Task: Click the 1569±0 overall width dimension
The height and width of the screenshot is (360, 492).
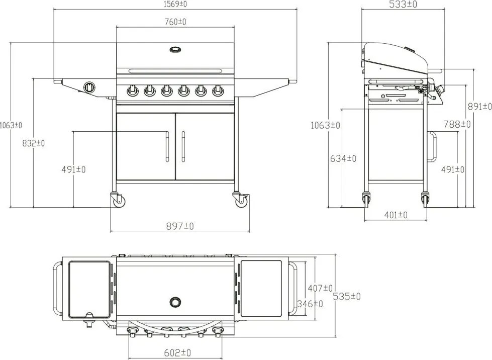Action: pyautogui.click(x=175, y=4)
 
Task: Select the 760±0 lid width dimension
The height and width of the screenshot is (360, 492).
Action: pyautogui.click(x=175, y=22)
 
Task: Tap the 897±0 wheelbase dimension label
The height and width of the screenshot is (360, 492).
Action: pyautogui.click(x=180, y=226)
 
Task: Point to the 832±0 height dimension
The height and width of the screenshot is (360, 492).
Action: pyautogui.click(x=34, y=143)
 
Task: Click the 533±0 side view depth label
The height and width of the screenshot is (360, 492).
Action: pyautogui.click(x=403, y=5)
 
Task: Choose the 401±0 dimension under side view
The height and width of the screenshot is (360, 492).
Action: pyautogui.click(x=396, y=215)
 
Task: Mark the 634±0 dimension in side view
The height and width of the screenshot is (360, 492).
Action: pyautogui.click(x=343, y=158)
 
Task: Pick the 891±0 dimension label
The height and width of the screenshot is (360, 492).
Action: pyautogui.click(x=480, y=107)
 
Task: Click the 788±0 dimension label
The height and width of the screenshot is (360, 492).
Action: pyautogui.click(x=457, y=124)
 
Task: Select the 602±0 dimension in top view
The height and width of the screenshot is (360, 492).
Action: pyautogui.click(x=177, y=353)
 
